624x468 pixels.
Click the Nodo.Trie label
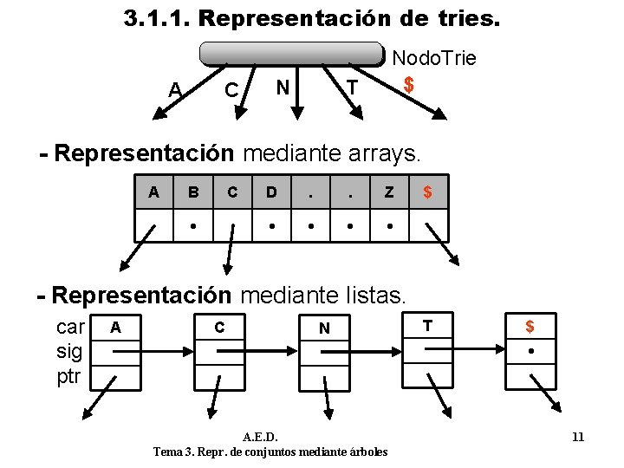click(434, 59)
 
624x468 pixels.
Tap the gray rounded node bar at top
click(291, 54)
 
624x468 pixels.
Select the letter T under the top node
click(351, 88)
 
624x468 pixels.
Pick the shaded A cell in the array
click(153, 192)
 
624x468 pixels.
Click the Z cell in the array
click(389, 192)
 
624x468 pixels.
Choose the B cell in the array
click(193, 192)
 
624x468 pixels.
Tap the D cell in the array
click(271, 192)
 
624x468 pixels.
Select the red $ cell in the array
click(427, 192)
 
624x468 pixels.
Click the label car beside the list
click(70, 328)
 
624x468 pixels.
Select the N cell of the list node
click(324, 328)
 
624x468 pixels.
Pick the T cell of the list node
click(427, 326)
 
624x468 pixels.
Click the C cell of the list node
click(219, 327)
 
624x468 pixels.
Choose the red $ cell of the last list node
click(530, 327)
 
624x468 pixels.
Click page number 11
click(578, 437)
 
